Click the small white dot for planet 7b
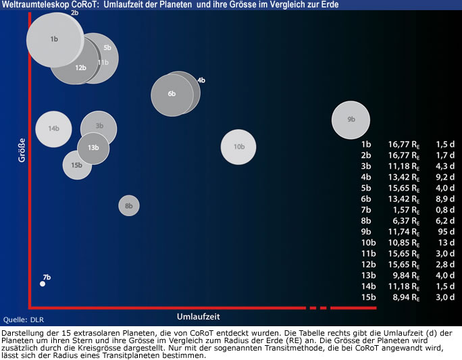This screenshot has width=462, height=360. tap(43, 284)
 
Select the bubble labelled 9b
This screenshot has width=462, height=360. tap(351, 120)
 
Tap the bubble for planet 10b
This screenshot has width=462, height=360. tap(238, 147)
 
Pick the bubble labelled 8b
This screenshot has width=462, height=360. tap(129, 205)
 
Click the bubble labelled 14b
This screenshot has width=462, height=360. tap(53, 128)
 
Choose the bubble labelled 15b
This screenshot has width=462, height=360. tap(76, 165)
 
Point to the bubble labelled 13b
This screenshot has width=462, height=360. tap(93, 148)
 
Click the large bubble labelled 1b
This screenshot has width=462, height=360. tap(54, 39)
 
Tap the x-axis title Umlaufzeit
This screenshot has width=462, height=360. tap(199, 316)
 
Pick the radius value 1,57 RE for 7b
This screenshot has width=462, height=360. tap(404, 209)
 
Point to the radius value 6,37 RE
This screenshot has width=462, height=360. tap(404, 220)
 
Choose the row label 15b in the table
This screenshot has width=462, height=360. tap(368, 297)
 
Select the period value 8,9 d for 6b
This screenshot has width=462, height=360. tap(444, 199)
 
